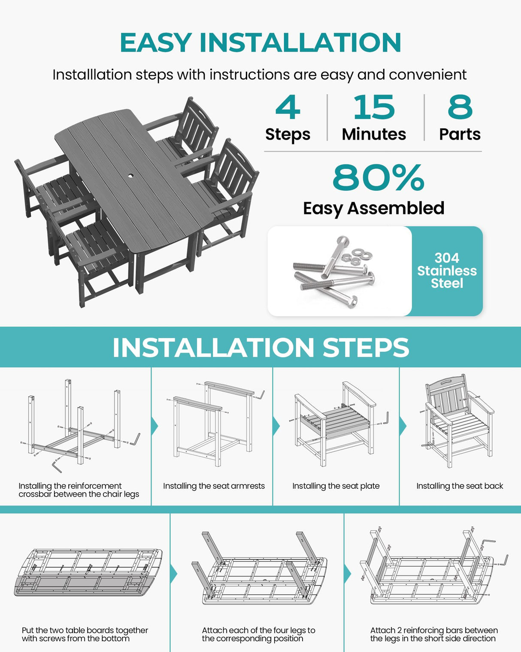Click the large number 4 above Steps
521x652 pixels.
coord(288,107)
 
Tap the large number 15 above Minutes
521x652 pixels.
coord(374,107)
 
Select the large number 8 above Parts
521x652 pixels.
coord(460,107)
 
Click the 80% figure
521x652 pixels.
coord(378,177)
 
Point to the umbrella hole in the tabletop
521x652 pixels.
coord(131,177)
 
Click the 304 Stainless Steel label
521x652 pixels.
coord(447,271)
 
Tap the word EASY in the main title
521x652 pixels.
coord(155,43)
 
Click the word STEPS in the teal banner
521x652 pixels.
coord(366,347)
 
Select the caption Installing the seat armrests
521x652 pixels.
coord(214,486)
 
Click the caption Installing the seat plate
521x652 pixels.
coord(336,486)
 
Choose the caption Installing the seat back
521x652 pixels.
coord(460,486)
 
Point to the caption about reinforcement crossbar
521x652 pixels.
coord(79,490)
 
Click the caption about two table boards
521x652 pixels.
coord(85,634)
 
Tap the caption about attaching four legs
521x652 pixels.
coord(258,634)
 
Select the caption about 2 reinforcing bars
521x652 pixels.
coord(433,634)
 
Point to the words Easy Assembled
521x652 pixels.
coord(373,208)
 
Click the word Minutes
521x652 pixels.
coord(374,134)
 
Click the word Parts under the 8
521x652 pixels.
coord(460,134)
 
